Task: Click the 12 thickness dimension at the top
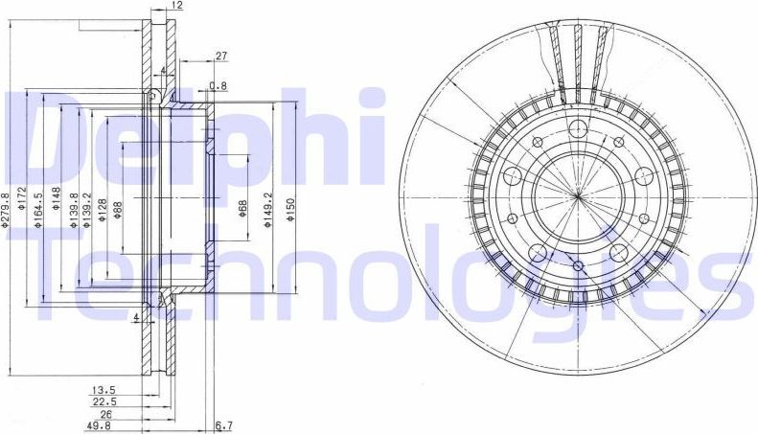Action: tap(175, 6)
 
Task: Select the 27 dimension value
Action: tap(220, 57)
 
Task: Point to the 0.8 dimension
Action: tap(218, 87)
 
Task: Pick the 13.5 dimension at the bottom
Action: tap(104, 390)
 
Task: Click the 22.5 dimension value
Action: tap(104, 402)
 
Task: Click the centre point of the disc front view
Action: tap(579, 196)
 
